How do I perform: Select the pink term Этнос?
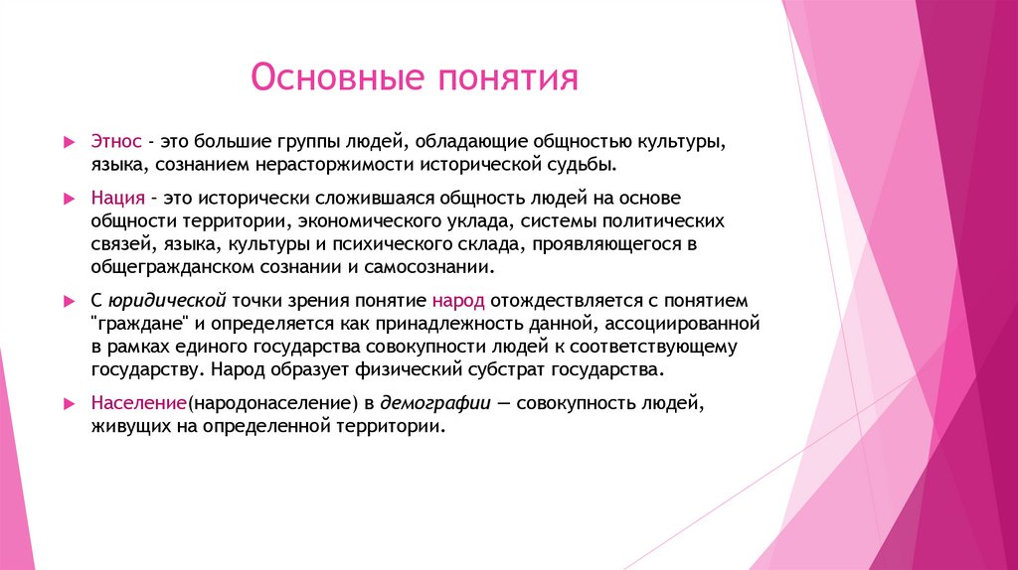click(115, 141)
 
